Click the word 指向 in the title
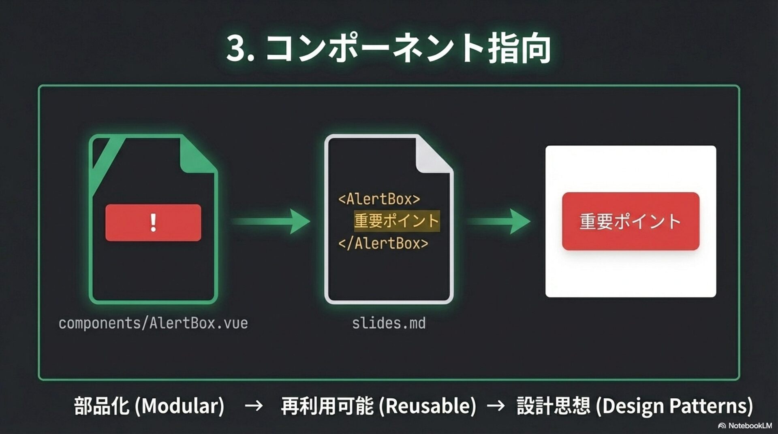519,49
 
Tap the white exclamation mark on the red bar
153,223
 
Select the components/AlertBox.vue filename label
153,323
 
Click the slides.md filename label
389,323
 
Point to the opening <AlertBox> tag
379,199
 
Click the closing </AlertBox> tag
383,243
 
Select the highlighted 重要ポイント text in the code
396,221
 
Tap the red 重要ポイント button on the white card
631,221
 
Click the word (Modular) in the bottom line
179,406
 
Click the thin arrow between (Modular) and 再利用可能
254,406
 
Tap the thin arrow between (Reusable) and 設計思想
496,406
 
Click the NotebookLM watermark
745,425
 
